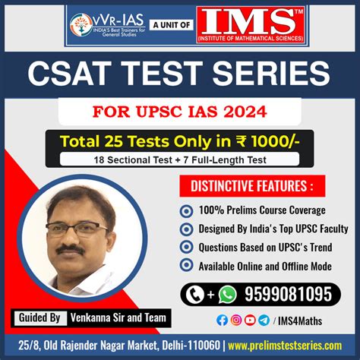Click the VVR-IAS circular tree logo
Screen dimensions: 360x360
(81, 25)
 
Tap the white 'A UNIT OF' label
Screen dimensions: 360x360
(172, 25)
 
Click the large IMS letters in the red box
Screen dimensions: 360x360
(249, 22)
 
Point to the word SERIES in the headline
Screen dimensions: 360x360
(271, 74)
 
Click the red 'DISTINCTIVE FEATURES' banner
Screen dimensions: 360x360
(252, 186)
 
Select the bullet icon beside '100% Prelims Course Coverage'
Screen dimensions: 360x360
(186, 211)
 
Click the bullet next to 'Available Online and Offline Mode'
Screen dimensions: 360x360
(186, 265)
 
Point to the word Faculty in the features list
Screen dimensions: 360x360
(334, 229)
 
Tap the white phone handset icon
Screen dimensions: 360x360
(195, 295)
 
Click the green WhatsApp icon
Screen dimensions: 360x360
(228, 294)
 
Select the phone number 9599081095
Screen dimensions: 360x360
(288, 294)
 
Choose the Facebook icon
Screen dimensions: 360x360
(222, 321)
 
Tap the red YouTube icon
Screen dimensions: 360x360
(250, 321)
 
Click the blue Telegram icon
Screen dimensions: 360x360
(264, 321)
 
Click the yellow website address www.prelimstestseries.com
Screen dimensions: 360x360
(285, 346)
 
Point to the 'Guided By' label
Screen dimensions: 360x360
(39, 317)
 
